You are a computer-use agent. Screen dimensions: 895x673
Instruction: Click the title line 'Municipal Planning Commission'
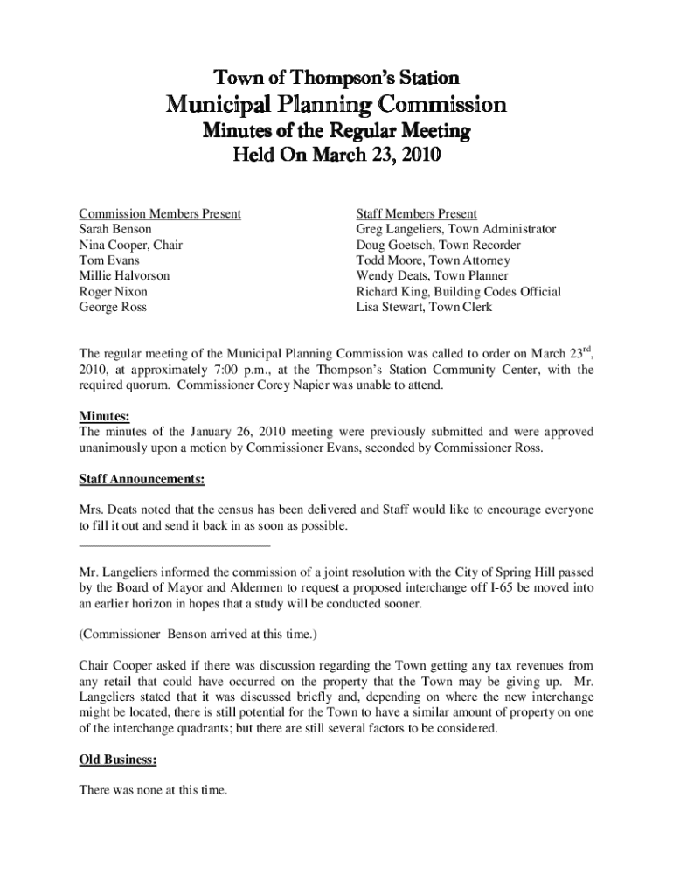point(336,105)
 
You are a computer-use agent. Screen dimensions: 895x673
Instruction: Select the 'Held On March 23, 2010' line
point(336,157)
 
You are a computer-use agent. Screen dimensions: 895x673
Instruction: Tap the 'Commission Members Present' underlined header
point(160,213)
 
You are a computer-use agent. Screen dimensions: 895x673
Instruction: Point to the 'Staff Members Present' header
point(416,213)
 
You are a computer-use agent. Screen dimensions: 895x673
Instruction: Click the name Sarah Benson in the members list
point(115,229)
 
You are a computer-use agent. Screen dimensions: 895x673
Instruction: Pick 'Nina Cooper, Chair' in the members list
point(131,245)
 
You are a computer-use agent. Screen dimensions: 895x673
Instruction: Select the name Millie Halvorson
point(124,276)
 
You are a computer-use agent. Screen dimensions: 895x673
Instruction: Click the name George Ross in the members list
point(113,308)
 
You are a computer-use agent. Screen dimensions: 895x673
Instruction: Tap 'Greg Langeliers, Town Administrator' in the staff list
point(455,229)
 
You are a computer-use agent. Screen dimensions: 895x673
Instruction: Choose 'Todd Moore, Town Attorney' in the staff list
point(433,260)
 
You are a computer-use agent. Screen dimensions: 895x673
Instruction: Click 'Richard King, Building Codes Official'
point(458,292)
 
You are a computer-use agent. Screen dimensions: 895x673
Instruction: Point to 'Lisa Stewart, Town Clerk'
point(424,308)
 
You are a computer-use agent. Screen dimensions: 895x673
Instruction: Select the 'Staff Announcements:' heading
point(142,480)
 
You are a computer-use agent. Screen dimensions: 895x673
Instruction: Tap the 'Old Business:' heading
point(118,760)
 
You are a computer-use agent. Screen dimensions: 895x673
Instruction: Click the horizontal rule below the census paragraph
point(175,546)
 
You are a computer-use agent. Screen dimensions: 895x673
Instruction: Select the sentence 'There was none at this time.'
point(153,791)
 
